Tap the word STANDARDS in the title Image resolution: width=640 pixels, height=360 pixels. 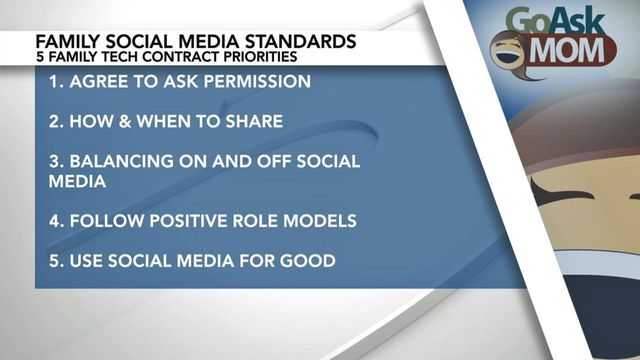point(295,42)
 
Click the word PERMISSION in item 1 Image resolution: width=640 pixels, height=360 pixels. point(251,81)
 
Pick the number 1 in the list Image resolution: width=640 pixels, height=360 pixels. point(54,81)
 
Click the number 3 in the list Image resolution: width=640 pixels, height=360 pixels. point(55,161)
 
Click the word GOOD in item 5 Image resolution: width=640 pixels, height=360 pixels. point(306,261)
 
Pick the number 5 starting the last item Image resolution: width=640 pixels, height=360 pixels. point(55,261)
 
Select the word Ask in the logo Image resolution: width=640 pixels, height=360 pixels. point(581,20)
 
